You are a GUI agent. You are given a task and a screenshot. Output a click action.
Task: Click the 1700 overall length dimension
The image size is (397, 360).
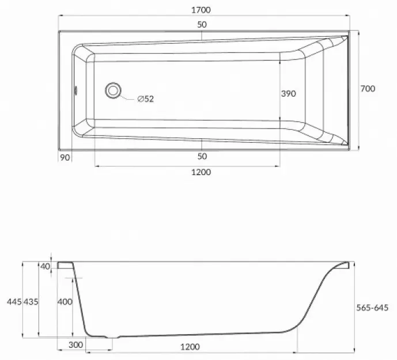point(201,10)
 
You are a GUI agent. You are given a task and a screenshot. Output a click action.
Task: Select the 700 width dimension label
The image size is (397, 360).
point(368,89)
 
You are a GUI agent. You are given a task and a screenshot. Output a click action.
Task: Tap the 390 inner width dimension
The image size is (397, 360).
point(288,94)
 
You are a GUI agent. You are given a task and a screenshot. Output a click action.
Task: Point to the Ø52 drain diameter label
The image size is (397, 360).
point(146,98)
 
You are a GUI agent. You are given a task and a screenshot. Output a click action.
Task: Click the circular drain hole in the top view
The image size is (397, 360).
point(113,90)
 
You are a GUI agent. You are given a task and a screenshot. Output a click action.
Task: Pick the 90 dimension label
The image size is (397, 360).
point(65,157)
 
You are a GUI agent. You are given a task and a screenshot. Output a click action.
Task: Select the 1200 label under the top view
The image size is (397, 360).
point(201,172)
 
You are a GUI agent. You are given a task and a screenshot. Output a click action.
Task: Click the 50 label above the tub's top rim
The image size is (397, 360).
point(202,25)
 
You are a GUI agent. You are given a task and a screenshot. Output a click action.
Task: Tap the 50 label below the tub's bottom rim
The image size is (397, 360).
point(202,156)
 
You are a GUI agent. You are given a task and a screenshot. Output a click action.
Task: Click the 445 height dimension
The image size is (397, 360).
point(14,301)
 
